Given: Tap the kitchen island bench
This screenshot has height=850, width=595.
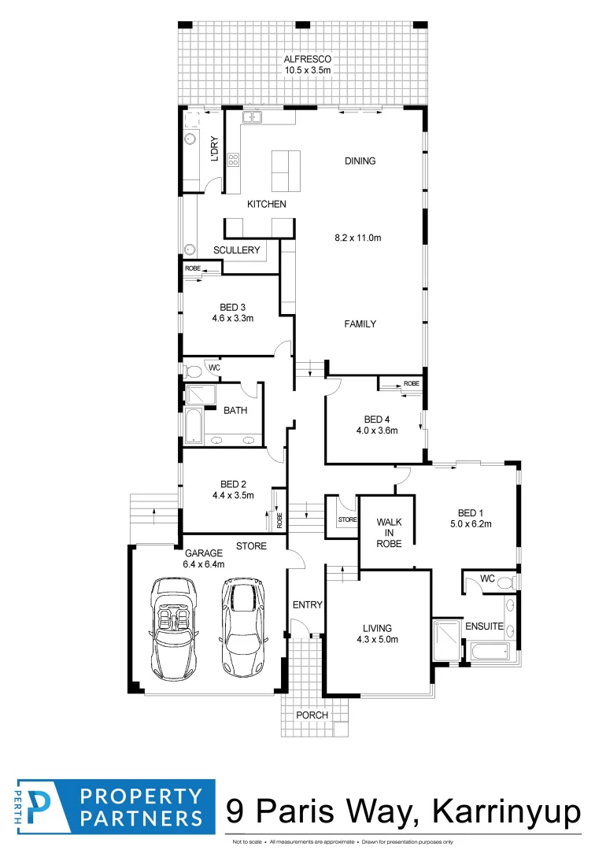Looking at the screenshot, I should pos(285,170).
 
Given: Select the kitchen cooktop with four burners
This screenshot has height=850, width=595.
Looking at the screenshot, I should pos(233,161).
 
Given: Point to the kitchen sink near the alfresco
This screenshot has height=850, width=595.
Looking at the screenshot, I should pos(253,118).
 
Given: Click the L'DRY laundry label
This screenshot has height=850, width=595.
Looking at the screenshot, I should pos(213,150).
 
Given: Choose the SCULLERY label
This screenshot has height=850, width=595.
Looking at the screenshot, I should pos(236,250).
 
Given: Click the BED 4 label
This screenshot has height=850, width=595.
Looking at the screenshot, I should pos(377,419).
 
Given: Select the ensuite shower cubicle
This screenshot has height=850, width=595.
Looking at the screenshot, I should pos(447,634).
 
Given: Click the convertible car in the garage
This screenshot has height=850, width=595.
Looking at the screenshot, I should pos(174,627).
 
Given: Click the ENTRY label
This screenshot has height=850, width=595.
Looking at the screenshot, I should pos(307,604).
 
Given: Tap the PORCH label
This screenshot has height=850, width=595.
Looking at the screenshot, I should pos(311,715).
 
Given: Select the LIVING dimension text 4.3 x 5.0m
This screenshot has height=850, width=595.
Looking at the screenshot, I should pos(377,639).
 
